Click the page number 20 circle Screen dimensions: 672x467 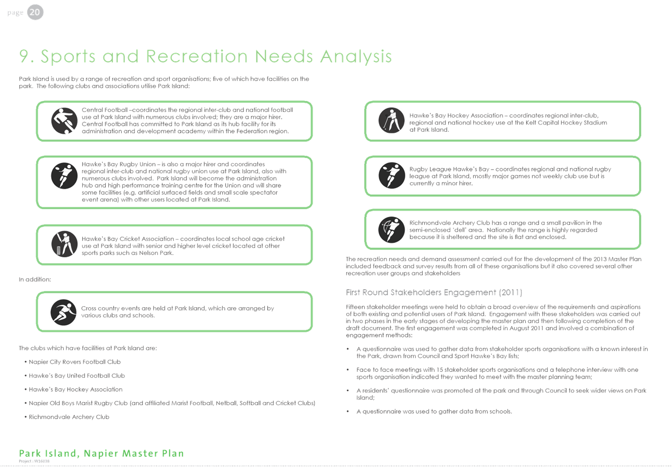(x=35, y=12)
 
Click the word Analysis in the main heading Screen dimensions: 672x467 (x=356, y=57)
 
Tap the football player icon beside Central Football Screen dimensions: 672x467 (x=64, y=121)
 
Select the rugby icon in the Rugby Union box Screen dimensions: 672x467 (x=64, y=176)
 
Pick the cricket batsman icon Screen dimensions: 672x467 (x=64, y=244)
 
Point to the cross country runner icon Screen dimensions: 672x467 (x=64, y=312)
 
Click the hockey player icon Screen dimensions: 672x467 (x=391, y=120)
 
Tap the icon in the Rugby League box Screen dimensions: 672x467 (x=392, y=175)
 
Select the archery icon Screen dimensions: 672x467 (x=391, y=230)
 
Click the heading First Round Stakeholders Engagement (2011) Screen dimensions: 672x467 (x=434, y=293)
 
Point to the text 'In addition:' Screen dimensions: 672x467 (x=35, y=279)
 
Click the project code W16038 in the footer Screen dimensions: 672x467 (x=42, y=461)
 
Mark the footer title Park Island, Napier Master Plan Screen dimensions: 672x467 (x=101, y=453)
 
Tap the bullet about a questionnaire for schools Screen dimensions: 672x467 (x=434, y=411)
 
